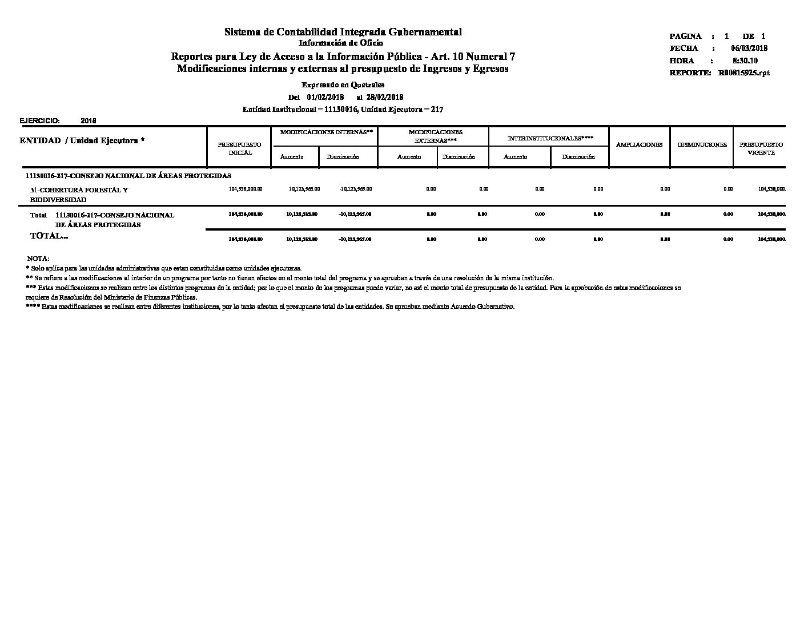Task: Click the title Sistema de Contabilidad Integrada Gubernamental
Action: [x=343, y=32]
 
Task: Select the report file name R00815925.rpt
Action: [x=744, y=73]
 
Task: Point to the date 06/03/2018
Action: [x=749, y=49]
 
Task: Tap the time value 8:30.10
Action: [x=745, y=61]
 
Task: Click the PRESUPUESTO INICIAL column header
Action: [x=239, y=148]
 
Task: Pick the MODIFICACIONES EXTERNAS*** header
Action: [x=435, y=136]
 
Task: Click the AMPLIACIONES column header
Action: [x=639, y=144]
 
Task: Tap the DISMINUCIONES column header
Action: [x=702, y=144]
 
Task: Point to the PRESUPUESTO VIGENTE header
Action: [x=761, y=148]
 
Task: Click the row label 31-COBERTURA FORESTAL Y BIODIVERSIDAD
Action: [x=79, y=195]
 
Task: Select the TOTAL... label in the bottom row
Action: [x=49, y=236]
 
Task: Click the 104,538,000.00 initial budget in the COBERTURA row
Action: [x=246, y=189]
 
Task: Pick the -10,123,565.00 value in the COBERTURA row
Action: [x=355, y=189]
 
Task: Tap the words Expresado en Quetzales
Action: [x=343, y=84]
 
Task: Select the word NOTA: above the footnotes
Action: [x=38, y=259]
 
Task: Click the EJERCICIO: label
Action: [x=40, y=121]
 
